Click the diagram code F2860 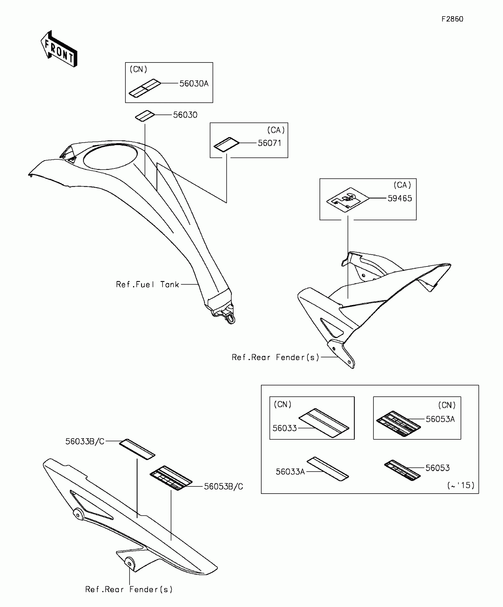[x=452, y=19]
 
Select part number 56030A [x=194, y=84]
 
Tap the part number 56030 [x=185, y=115]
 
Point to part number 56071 [x=269, y=143]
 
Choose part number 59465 [x=399, y=199]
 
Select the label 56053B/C [x=223, y=486]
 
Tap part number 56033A [x=290, y=472]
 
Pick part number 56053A [x=440, y=419]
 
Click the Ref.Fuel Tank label [x=147, y=285]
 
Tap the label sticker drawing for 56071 [x=226, y=144]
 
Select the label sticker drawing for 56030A [x=145, y=88]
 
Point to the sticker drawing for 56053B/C [x=171, y=478]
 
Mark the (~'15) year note [x=461, y=485]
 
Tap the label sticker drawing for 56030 [x=145, y=116]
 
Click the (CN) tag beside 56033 [x=283, y=404]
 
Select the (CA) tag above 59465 [x=402, y=185]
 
